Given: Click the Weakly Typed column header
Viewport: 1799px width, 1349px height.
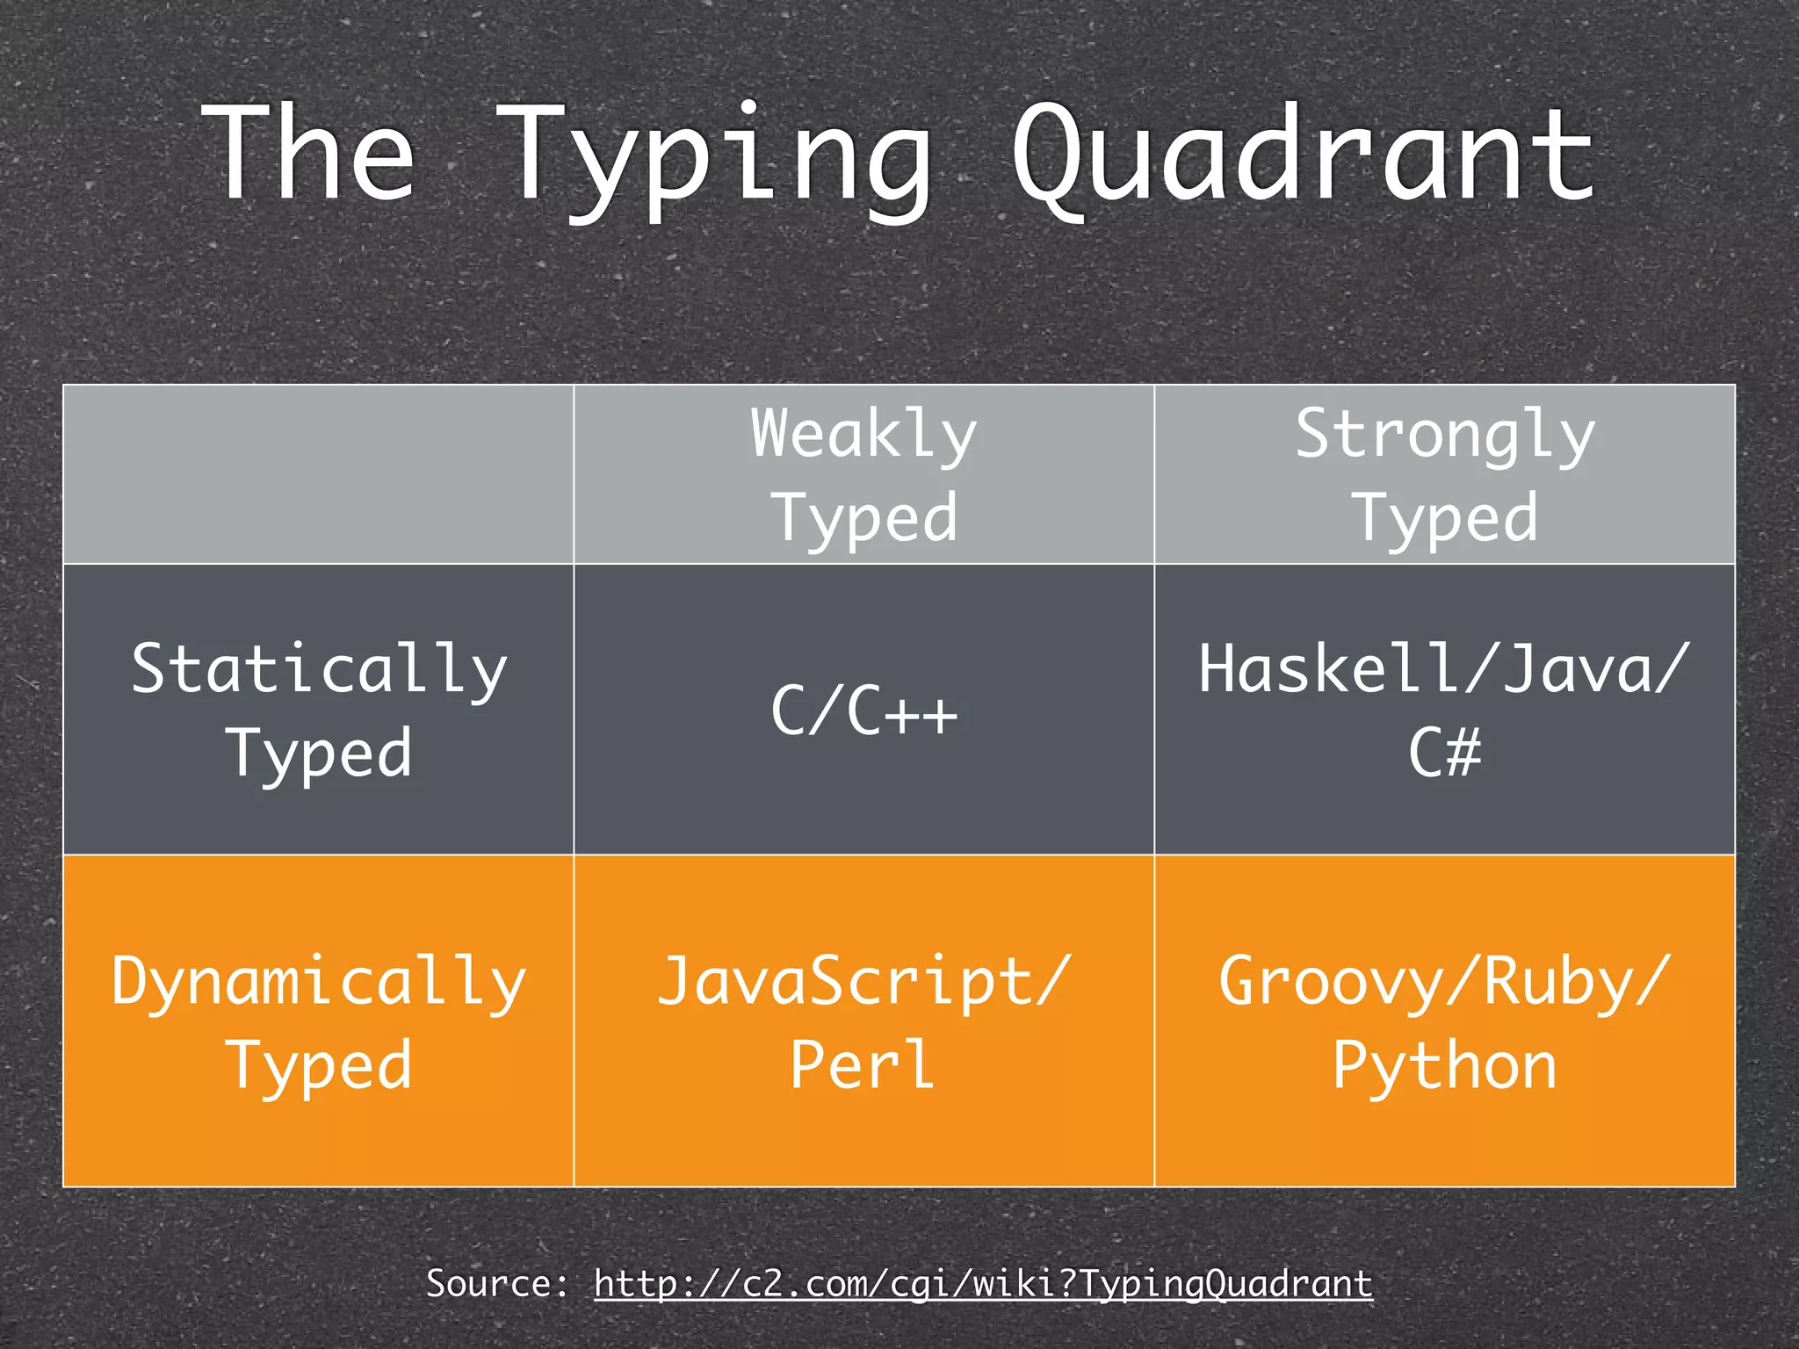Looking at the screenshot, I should click(x=863, y=475).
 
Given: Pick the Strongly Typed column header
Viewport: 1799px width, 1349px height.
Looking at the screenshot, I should click(x=1445, y=475).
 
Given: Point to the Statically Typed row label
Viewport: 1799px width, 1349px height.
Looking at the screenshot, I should click(x=319, y=710).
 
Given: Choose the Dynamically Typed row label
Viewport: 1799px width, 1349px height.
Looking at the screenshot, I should click(x=319, y=1021).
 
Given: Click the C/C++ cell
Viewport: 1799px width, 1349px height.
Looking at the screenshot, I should click(x=863, y=711).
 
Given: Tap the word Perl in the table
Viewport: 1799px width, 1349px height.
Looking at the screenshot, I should click(x=862, y=1064).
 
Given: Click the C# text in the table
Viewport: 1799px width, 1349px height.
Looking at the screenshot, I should click(x=1445, y=753).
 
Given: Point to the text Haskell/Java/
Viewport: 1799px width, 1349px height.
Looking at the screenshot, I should click(x=1445, y=669).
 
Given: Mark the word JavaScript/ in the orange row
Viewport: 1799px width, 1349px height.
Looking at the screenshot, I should click(x=863, y=982).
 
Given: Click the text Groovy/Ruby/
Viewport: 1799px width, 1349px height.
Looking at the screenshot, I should click(x=1445, y=982).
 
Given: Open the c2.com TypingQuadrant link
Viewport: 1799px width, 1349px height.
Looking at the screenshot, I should click(x=983, y=1284).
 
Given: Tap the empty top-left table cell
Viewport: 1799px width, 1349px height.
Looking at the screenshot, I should click(x=319, y=475).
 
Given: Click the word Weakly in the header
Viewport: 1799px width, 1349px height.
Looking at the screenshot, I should click(x=863, y=434).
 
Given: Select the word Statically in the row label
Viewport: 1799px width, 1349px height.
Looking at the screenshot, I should click(x=319, y=669).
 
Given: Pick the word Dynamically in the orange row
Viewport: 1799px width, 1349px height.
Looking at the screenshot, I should click(x=319, y=982).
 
